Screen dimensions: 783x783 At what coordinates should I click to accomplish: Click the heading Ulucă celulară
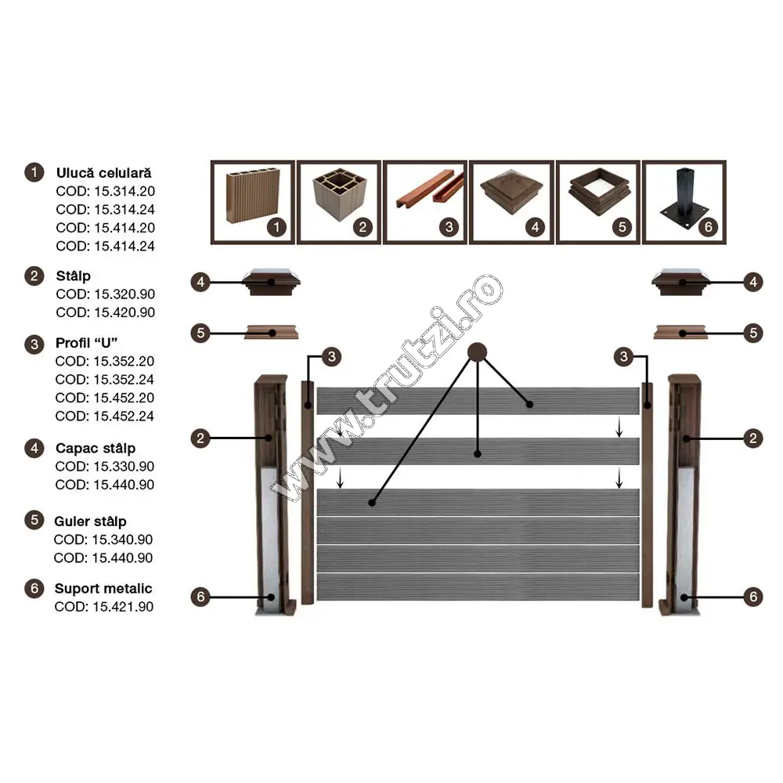(103, 173)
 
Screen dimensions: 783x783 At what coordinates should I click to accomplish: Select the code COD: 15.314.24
(105, 209)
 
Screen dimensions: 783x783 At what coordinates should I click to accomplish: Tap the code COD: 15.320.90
(105, 294)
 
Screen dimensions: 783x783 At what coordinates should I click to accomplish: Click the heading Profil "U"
(86, 343)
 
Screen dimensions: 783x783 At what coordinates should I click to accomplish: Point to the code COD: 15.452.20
(104, 398)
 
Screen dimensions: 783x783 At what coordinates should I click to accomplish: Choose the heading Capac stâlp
(96, 449)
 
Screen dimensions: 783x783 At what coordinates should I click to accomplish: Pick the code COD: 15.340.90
(103, 539)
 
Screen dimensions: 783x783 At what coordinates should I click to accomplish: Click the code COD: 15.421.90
(104, 607)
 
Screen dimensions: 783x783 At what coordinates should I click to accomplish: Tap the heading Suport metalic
(103, 588)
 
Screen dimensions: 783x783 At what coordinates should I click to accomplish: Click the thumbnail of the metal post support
(684, 202)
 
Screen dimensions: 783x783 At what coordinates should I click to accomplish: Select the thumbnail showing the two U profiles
(425, 202)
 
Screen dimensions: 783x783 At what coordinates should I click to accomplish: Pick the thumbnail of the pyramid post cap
(511, 202)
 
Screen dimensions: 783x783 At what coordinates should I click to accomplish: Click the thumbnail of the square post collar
(597, 202)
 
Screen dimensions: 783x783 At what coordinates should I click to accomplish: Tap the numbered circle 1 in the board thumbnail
(276, 227)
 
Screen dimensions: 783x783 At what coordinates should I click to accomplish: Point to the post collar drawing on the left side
(272, 333)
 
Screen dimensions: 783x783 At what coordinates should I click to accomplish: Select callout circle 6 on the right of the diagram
(753, 597)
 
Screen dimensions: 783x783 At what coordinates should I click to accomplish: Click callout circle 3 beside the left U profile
(331, 356)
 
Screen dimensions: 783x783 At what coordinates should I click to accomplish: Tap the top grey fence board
(478, 400)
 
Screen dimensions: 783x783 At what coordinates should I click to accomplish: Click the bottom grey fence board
(478, 586)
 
